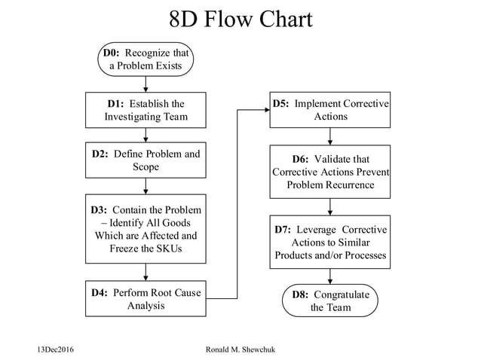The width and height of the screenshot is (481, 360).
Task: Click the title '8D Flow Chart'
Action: (x=240, y=19)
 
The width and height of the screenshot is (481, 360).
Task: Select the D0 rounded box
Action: (x=146, y=59)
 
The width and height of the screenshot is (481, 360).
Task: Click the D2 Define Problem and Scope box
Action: (x=146, y=160)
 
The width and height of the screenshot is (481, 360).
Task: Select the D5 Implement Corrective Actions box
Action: (x=330, y=110)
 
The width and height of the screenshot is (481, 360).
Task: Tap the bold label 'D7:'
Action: (x=283, y=229)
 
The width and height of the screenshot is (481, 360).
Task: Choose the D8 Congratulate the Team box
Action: (x=330, y=301)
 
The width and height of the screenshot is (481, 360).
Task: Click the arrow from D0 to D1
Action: (x=146, y=84)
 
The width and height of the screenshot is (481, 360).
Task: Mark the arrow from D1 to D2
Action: (x=146, y=136)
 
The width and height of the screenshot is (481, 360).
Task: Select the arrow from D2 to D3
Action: (x=146, y=186)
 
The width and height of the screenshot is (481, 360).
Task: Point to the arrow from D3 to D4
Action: (x=146, y=272)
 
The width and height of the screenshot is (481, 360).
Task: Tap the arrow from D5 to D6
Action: (x=330, y=136)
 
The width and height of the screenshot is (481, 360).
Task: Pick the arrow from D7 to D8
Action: (x=330, y=276)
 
